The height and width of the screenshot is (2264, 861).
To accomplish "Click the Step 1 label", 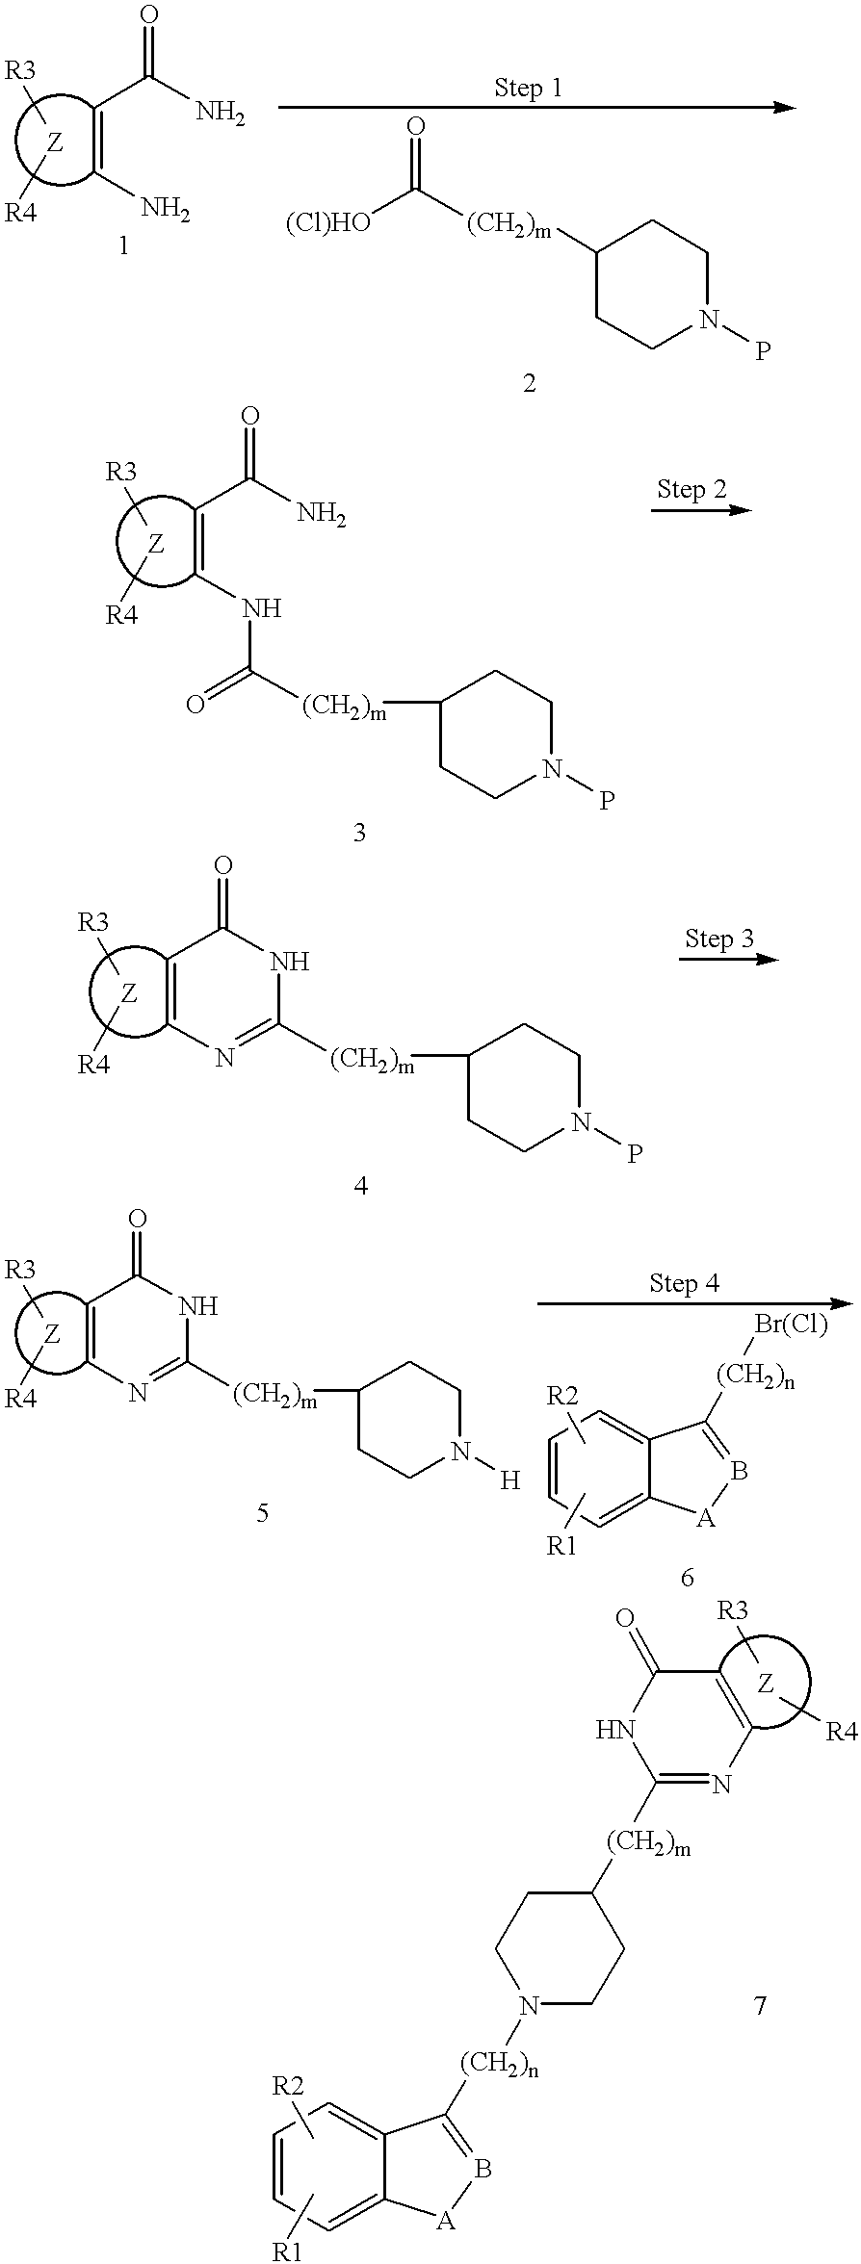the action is point(528,89).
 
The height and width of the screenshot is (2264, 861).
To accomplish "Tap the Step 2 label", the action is point(691,489).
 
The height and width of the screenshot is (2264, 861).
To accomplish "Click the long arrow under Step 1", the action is point(537,109).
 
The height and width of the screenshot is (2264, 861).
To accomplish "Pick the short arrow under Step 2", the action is point(701,509).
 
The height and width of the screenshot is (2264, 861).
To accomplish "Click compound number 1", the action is point(122,247).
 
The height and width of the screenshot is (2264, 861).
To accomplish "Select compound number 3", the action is point(359,833).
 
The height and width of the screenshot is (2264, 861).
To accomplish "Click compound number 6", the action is point(687,1578).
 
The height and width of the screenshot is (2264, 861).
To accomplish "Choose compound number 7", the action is point(760,2006).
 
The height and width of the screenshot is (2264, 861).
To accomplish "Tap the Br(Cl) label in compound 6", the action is point(790,1325).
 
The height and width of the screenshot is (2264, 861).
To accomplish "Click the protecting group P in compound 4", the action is point(634,1152).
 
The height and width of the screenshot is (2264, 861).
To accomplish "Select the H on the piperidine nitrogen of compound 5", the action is point(509,1481).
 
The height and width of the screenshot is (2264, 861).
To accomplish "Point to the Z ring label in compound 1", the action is point(55,144).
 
